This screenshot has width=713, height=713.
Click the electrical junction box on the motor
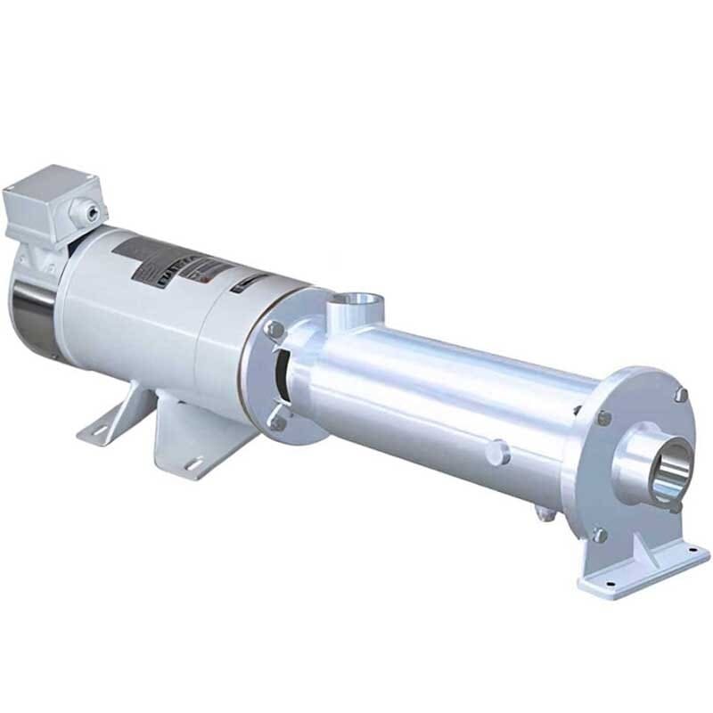[49, 203]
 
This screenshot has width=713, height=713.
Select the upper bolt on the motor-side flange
[276, 330]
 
